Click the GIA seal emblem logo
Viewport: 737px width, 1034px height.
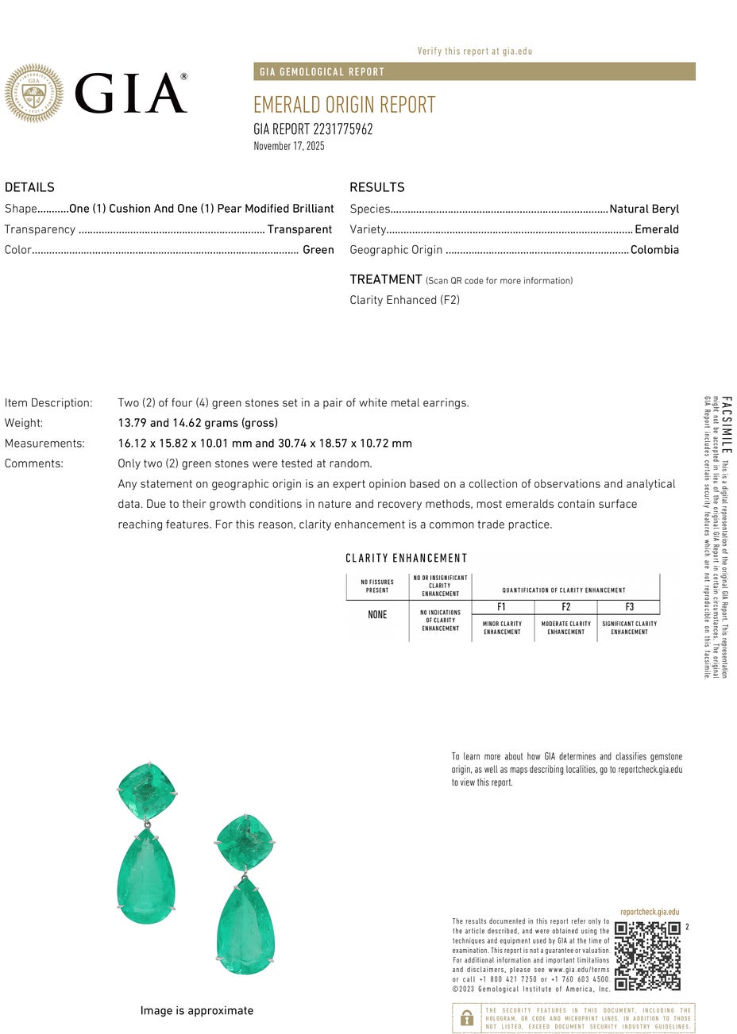pyautogui.click(x=33, y=94)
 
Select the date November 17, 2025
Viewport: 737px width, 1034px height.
pyautogui.click(x=289, y=146)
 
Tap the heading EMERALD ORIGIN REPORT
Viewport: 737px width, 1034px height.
pyautogui.click(x=344, y=105)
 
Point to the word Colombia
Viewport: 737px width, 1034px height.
pyautogui.click(x=654, y=250)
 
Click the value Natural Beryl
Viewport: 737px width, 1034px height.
pyautogui.click(x=644, y=209)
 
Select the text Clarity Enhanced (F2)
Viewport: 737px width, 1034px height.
pyautogui.click(x=404, y=300)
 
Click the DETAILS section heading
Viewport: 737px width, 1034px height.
pyautogui.click(x=29, y=187)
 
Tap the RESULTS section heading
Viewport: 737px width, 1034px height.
pyautogui.click(x=377, y=187)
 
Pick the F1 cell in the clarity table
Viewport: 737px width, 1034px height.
pyautogui.click(x=502, y=607)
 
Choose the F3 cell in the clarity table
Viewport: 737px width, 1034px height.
pyautogui.click(x=629, y=607)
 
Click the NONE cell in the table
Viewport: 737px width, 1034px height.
pyautogui.click(x=377, y=615)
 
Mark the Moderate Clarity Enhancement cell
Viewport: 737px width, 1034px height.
pyautogui.click(x=565, y=628)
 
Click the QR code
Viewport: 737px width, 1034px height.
pyautogui.click(x=647, y=955)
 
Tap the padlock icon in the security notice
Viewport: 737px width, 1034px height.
pyautogui.click(x=467, y=1018)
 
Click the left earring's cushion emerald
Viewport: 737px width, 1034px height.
pyautogui.click(x=146, y=792)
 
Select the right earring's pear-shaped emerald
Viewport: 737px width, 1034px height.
pyautogui.click(x=245, y=926)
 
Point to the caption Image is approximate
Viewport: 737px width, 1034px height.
pyautogui.click(x=197, y=1011)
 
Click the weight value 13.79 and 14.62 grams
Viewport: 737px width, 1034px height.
pyautogui.click(x=198, y=423)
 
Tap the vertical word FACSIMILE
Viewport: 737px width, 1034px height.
pyautogui.click(x=727, y=425)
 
